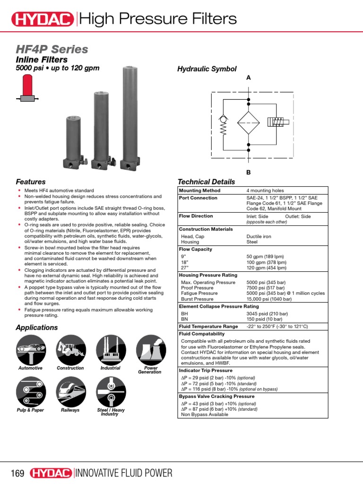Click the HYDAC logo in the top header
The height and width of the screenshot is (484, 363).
(x=42, y=19)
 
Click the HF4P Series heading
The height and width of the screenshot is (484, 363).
(x=52, y=49)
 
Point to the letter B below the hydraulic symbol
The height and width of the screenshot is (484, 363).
(x=248, y=172)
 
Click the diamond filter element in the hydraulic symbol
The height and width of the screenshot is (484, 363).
(x=249, y=124)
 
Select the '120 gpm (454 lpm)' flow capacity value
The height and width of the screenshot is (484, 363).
(x=266, y=268)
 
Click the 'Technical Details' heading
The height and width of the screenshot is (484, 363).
(x=206, y=182)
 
